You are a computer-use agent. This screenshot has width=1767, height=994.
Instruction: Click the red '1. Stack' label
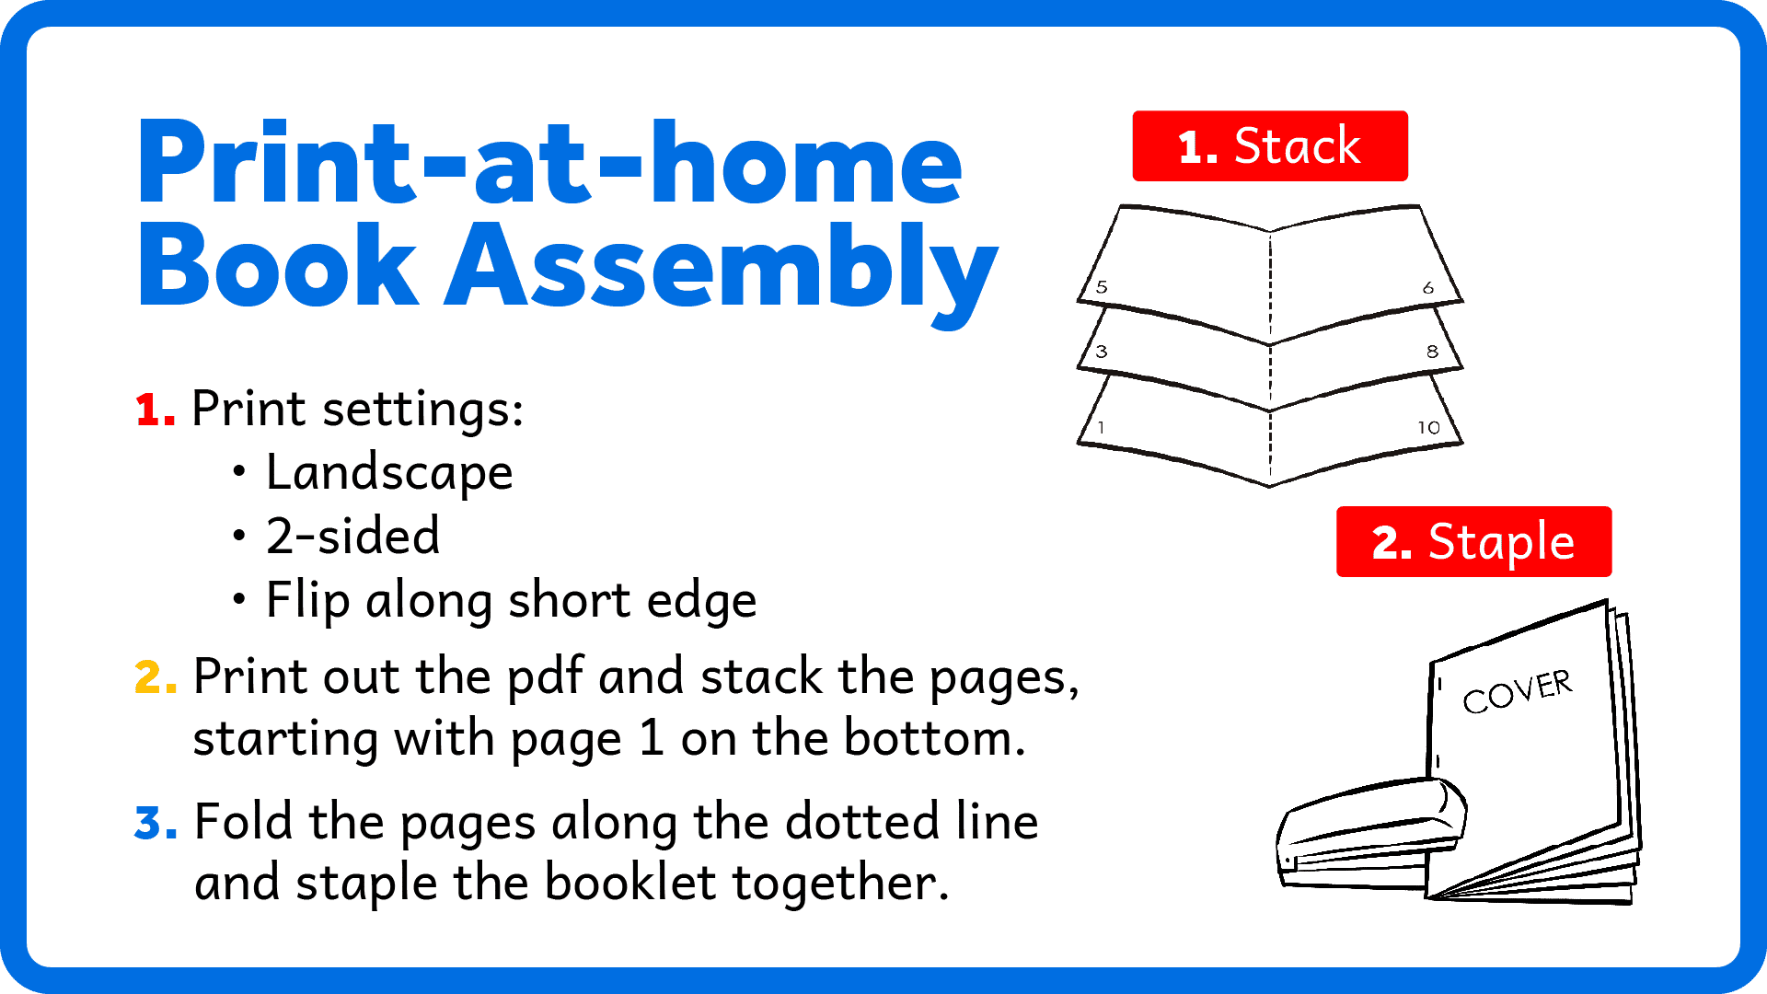pos(1270,146)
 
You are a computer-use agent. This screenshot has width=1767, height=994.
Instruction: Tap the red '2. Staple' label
pos(1473,541)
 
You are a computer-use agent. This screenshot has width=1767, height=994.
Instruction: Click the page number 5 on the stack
pos(1102,287)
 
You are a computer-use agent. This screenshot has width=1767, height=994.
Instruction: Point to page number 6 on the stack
pos(1428,288)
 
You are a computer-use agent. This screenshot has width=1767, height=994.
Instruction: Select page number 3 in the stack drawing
pos(1102,352)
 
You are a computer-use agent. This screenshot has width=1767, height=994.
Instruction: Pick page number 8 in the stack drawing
pos(1432,352)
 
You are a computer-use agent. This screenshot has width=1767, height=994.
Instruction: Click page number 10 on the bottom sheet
pos(1428,428)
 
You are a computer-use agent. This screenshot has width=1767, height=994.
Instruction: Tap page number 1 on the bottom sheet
pos(1101,428)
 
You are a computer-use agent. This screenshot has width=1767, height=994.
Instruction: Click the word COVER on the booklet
pos(1518,692)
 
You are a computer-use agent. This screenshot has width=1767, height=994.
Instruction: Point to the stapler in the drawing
pos(1370,833)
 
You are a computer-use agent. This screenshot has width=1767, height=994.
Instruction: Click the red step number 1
pos(155,410)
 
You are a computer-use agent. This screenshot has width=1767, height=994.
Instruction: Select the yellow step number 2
pos(156,677)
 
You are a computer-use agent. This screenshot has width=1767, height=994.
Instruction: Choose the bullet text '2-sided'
pos(353,537)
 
